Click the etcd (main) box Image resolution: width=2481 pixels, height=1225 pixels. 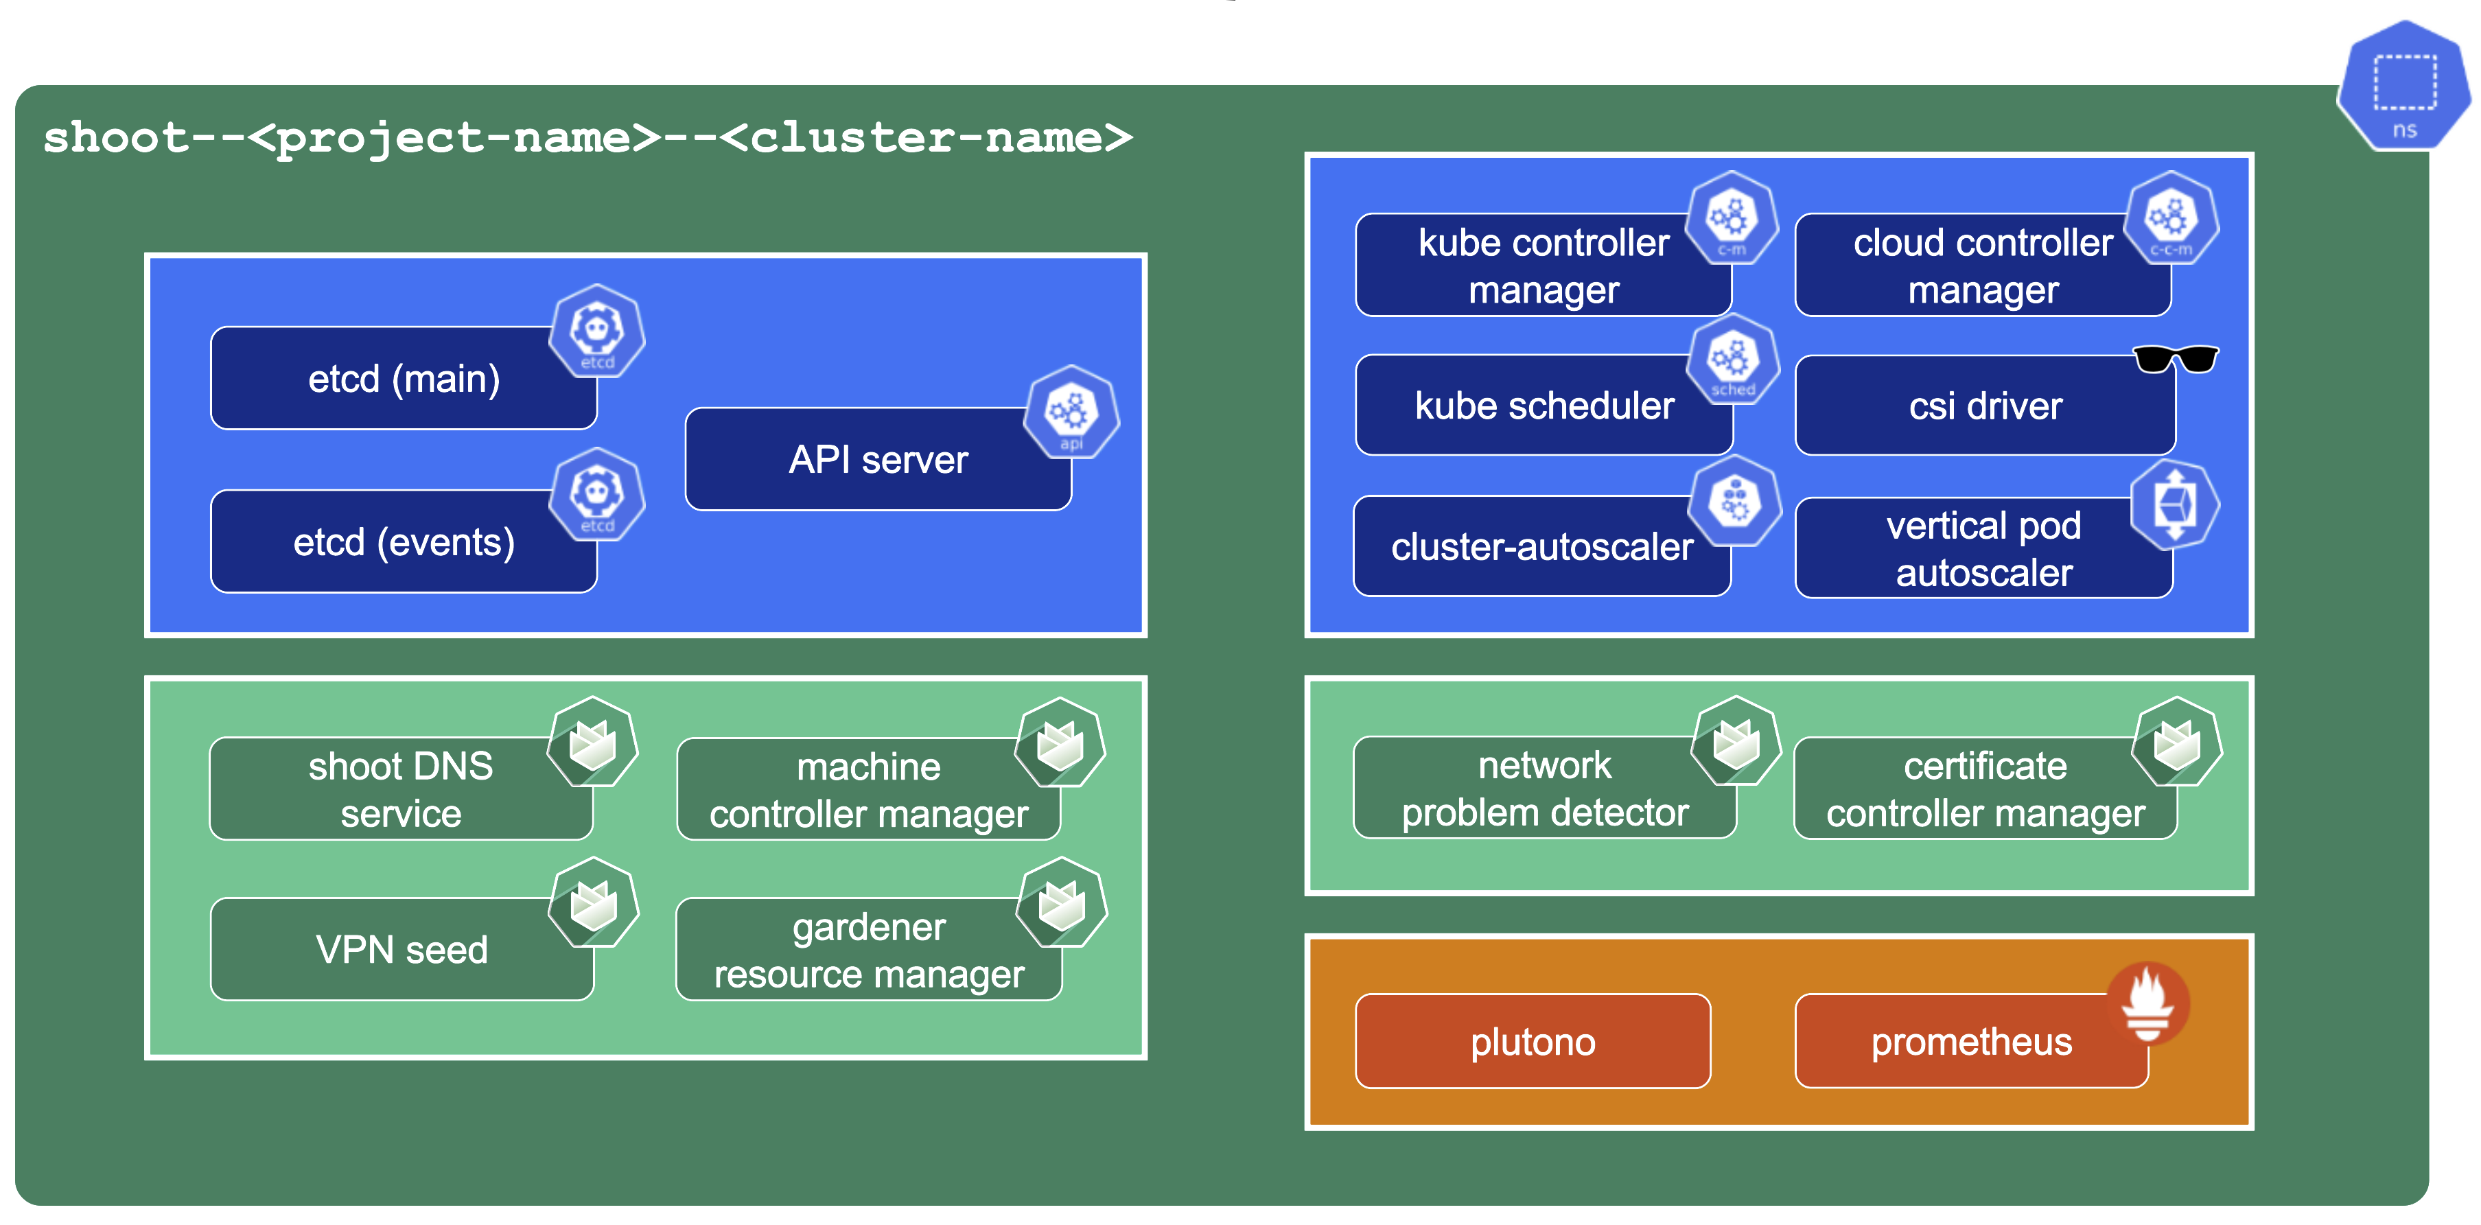403,378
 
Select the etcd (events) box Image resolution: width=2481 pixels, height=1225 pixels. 403,542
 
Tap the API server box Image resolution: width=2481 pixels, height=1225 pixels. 877,459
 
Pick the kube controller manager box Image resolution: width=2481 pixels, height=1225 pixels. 1542,266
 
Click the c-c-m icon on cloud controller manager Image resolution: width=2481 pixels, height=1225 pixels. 2171,220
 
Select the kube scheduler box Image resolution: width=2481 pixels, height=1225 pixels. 1543,406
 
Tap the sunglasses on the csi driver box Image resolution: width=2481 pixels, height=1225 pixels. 2175,359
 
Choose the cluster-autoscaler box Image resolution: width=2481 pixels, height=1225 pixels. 1541,546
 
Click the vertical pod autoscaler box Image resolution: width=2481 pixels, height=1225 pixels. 1983,548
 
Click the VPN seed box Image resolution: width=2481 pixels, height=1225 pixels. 401,950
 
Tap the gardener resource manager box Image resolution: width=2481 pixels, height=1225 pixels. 867,950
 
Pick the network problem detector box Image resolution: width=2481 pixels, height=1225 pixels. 1544,788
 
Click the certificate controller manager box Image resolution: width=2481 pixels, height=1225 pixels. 1984,789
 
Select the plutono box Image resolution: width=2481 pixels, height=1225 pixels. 1533,1041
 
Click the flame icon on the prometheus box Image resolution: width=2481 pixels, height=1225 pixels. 2147,1003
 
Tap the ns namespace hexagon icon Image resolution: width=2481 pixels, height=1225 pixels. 2404,86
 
